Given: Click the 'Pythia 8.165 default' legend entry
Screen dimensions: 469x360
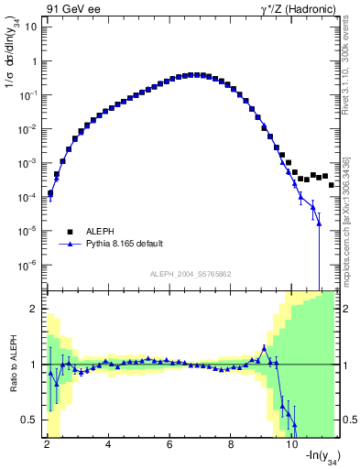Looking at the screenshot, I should click(x=120, y=245).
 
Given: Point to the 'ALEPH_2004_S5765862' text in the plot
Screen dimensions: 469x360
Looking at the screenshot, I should click(x=190, y=274).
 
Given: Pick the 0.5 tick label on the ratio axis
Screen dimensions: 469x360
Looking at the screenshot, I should click(x=32, y=420).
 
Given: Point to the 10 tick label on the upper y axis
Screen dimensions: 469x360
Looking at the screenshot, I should click(x=31, y=27).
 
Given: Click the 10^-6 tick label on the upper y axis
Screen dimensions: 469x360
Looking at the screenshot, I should click(x=27, y=265).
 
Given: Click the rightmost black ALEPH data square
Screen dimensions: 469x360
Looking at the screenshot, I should click(x=332, y=184).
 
